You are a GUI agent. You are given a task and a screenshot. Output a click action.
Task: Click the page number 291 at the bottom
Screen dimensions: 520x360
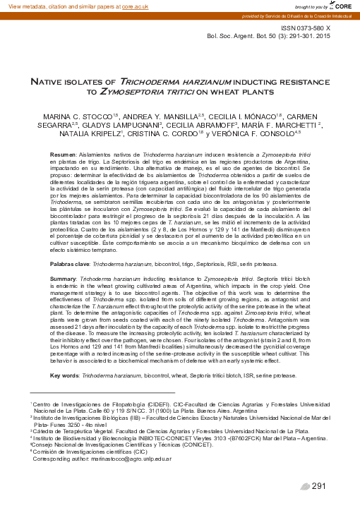point(318,486)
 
